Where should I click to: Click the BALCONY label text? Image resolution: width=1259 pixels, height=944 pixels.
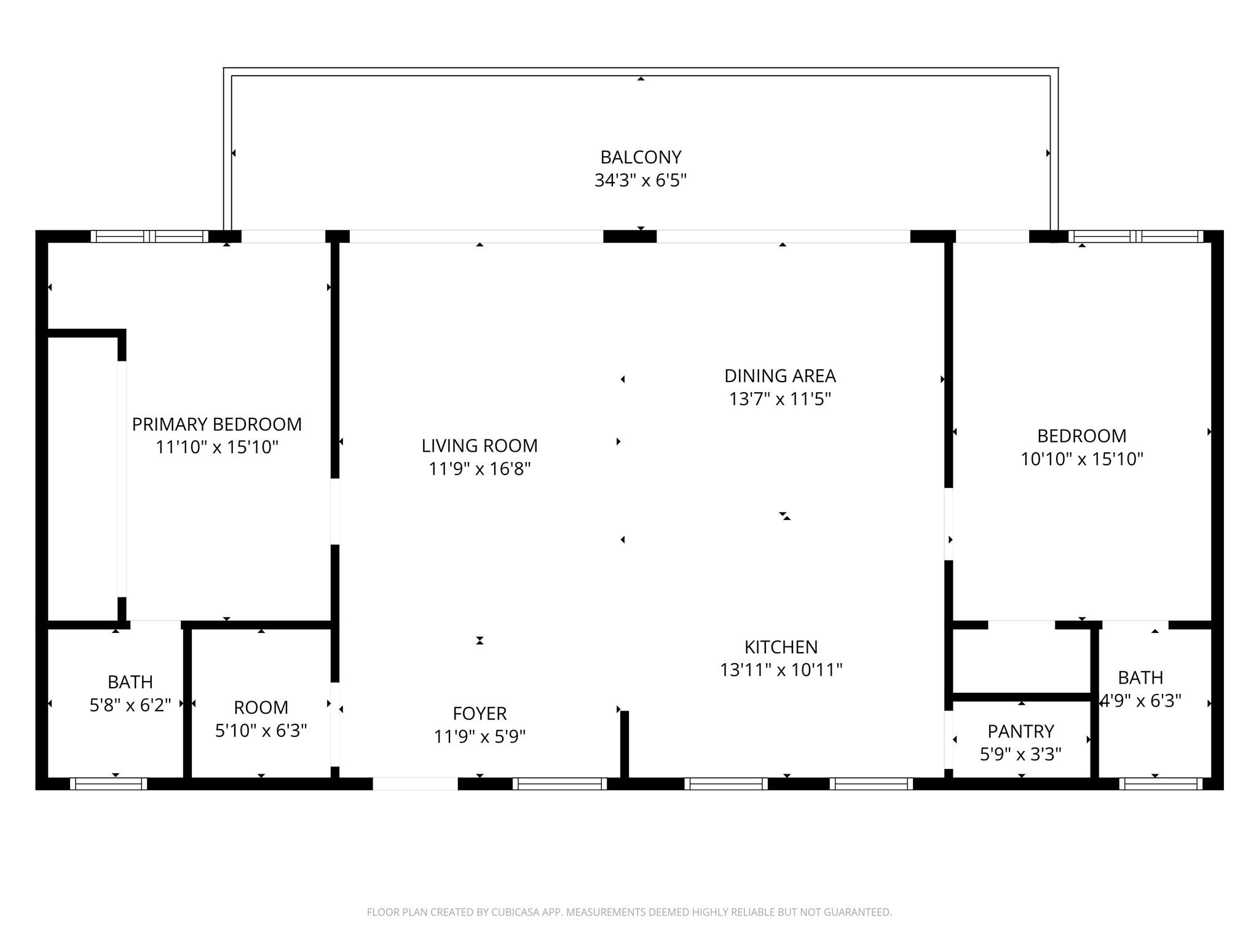[641, 157]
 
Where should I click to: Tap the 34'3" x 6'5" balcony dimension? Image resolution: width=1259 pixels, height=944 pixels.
[641, 181]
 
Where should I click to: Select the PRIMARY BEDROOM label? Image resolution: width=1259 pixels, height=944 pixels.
[216, 424]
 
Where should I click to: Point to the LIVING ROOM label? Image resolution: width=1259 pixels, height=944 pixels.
[480, 446]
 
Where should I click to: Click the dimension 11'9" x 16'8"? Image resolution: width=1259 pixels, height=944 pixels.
[480, 469]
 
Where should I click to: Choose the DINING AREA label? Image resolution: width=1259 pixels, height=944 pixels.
[779, 376]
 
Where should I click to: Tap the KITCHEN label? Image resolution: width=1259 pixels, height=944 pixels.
[781, 647]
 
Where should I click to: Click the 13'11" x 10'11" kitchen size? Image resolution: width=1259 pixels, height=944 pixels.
[781, 670]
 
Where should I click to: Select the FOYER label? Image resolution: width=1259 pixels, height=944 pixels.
[480, 714]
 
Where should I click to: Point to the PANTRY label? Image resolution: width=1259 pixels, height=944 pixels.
[1020, 731]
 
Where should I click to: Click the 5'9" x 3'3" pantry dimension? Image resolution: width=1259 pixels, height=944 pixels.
[1020, 754]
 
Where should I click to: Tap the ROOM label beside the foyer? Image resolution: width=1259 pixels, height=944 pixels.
[261, 707]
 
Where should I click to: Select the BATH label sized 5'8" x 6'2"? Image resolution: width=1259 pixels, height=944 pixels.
[130, 682]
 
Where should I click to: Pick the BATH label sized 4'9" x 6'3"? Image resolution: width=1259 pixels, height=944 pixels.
[1140, 678]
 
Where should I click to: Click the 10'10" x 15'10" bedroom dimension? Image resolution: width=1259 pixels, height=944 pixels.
[1082, 459]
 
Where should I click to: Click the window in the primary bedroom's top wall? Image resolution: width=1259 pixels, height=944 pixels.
[149, 236]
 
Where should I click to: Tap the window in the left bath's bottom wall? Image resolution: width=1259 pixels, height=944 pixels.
[108, 784]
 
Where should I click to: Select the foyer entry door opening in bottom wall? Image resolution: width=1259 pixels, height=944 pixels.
[415, 784]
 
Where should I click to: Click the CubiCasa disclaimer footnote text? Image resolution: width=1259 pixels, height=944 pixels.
[629, 912]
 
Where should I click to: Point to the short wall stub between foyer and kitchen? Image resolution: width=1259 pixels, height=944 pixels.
[624, 744]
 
